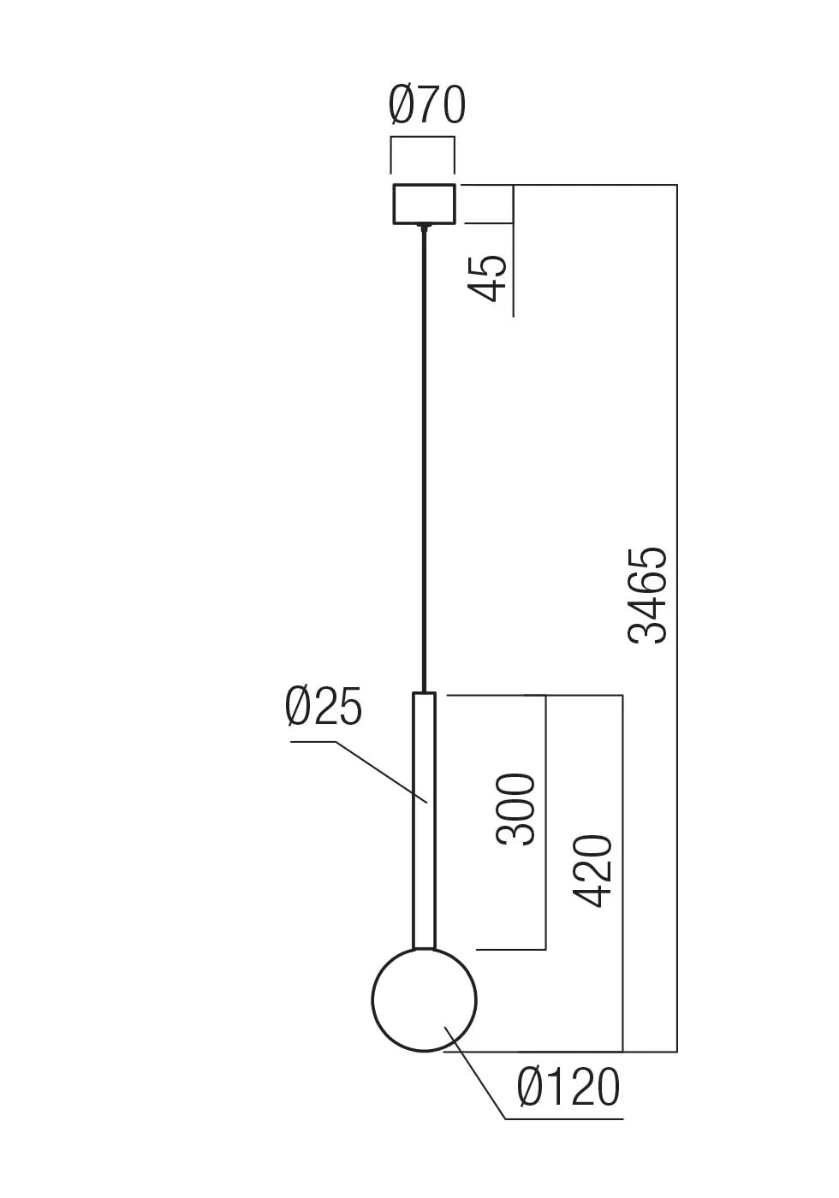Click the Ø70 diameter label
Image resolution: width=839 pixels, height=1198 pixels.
(426, 106)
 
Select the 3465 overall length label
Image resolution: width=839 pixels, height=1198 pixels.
(647, 595)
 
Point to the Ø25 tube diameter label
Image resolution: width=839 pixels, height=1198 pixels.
(324, 708)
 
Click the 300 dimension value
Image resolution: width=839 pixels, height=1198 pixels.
(515, 810)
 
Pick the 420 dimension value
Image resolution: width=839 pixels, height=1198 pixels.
(592, 870)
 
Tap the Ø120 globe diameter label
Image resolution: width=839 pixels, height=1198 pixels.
(568, 1088)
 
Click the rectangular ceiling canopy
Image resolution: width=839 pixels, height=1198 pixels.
(424, 204)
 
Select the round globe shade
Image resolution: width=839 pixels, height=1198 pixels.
(424, 999)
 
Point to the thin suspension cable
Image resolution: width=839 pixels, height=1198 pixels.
(424, 462)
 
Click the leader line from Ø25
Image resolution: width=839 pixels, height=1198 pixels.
(377, 770)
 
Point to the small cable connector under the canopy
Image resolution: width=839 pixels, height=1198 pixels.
(424, 228)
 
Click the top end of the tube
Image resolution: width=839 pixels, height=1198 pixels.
(424, 694)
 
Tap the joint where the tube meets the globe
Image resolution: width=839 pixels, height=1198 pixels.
(424, 947)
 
